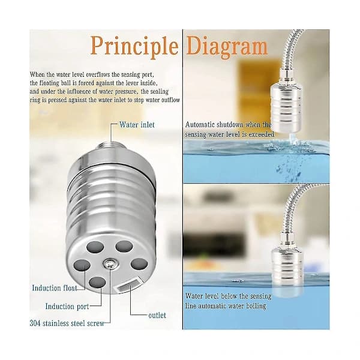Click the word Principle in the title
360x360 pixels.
point(134,47)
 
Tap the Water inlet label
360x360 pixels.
point(137,125)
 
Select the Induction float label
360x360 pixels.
point(55,288)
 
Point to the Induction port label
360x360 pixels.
point(67,306)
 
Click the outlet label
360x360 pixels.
point(157,315)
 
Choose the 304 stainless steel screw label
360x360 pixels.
point(67,323)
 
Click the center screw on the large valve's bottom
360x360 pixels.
point(110,263)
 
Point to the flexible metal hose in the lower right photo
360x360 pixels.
point(290,206)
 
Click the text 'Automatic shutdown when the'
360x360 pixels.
point(228,125)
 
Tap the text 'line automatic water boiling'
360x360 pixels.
point(226,305)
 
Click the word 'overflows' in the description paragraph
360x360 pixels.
point(98,74)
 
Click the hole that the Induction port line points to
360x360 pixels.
point(97,283)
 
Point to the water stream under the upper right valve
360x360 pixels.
point(292,139)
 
